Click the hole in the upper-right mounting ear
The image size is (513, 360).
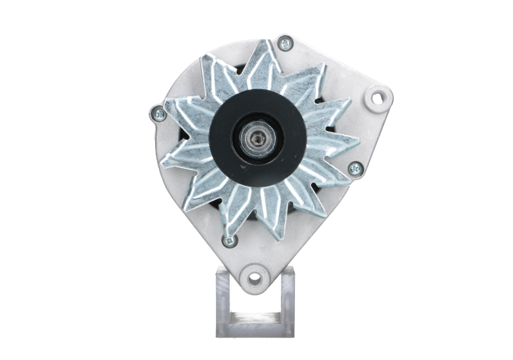[x=380, y=98]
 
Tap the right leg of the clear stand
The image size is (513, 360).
[x=286, y=302]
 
